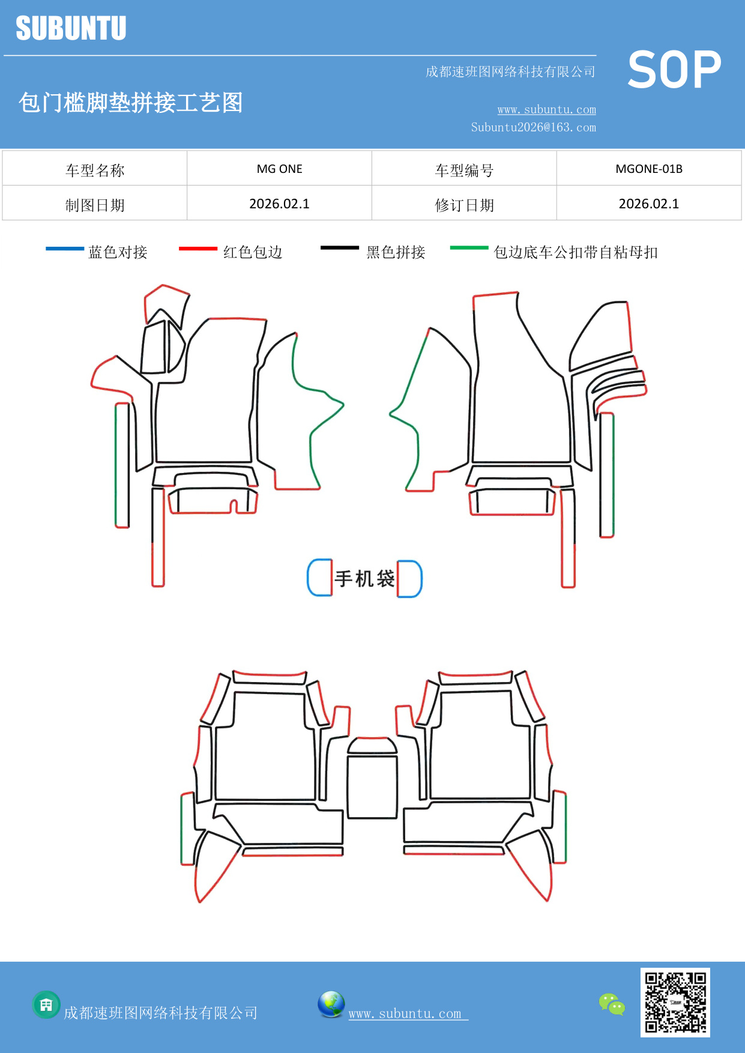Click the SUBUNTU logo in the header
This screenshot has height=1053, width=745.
pyautogui.click(x=71, y=28)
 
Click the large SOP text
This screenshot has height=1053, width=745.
pyautogui.click(x=674, y=70)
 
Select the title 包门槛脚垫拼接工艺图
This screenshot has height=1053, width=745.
pyautogui.click(x=130, y=103)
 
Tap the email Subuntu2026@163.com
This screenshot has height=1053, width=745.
pyautogui.click(x=533, y=127)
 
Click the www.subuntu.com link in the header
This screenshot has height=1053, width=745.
pyautogui.click(x=546, y=110)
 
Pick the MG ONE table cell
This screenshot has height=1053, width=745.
pyautogui.click(x=279, y=169)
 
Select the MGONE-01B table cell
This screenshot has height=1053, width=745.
pyautogui.click(x=649, y=169)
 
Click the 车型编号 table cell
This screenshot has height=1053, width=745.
pyautogui.click(x=464, y=170)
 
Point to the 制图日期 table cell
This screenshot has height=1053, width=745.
pyautogui.click(x=95, y=205)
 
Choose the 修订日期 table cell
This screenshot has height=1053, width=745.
pyautogui.click(x=464, y=205)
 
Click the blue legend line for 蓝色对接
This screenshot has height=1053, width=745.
pyautogui.click(x=65, y=249)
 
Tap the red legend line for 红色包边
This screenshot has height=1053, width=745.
pyautogui.click(x=198, y=249)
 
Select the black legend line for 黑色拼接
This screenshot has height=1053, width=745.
pyautogui.click(x=340, y=248)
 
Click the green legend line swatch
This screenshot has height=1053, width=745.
pyautogui.click(x=469, y=247)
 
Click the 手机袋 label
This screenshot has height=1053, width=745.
pyautogui.click(x=364, y=579)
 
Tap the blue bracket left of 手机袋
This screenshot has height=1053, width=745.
pyautogui.click(x=318, y=578)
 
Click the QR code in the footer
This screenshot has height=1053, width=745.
pyautogui.click(x=675, y=1002)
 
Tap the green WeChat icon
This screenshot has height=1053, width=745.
pyautogui.click(x=612, y=1004)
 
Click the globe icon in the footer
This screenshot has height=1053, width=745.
pyautogui.click(x=331, y=1004)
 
